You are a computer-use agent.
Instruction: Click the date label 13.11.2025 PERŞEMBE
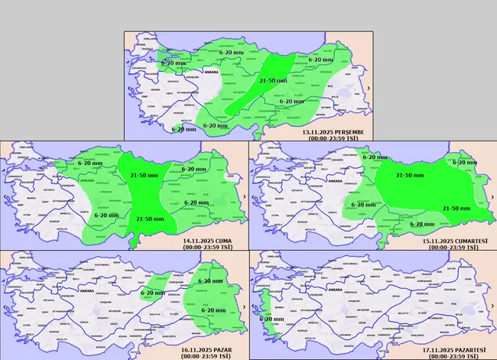335,132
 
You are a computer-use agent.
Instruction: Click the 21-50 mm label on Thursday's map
273,79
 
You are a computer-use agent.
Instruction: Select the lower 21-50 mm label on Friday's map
149,219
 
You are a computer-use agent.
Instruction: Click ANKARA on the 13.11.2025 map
210,71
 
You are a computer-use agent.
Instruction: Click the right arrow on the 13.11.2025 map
369,89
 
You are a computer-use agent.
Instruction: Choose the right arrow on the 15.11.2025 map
490,197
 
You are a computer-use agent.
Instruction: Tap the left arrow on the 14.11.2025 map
5,197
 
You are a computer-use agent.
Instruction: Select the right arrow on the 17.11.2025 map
490,306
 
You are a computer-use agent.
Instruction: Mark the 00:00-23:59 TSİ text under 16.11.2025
206,356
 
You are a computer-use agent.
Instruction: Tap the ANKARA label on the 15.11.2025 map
334,180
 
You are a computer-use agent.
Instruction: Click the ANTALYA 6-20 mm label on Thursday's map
184,128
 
